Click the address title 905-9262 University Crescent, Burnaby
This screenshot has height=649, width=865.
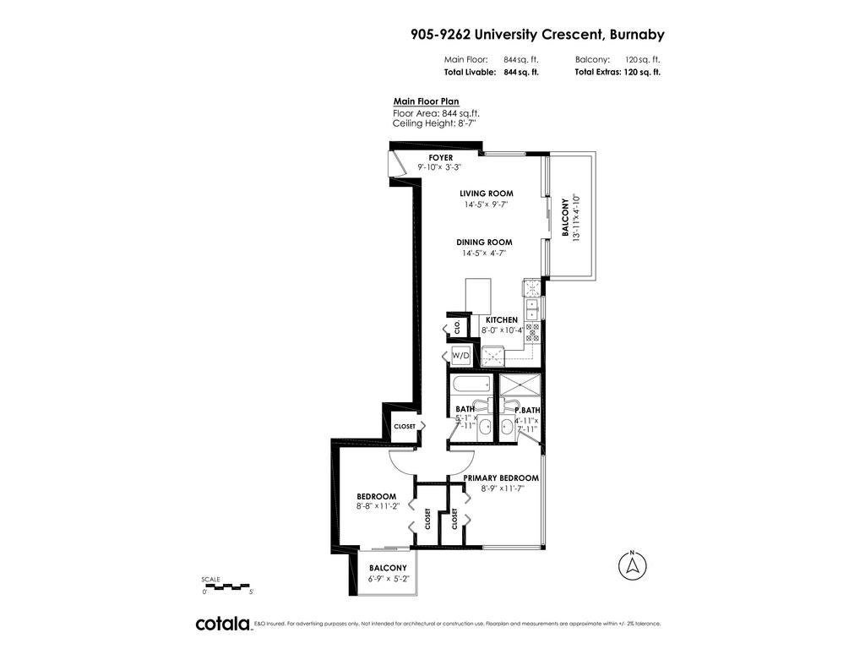(x=537, y=35)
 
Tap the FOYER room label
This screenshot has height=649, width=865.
(x=440, y=158)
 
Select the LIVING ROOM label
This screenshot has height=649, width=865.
(x=487, y=194)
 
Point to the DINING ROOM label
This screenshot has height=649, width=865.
(x=485, y=243)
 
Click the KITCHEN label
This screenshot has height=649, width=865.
(x=501, y=320)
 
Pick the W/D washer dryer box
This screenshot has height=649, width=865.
(x=461, y=355)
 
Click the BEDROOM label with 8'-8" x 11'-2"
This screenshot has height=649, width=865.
(x=376, y=496)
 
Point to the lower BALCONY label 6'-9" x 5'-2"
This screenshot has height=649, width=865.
(x=388, y=568)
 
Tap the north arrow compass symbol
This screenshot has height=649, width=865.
(x=630, y=566)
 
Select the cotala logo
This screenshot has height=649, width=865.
(x=223, y=624)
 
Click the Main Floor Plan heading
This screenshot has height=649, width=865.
(x=426, y=101)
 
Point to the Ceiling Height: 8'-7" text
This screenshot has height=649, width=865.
(x=434, y=123)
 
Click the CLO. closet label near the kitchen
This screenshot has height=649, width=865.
(x=457, y=325)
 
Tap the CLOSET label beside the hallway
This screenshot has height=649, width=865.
(x=405, y=426)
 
